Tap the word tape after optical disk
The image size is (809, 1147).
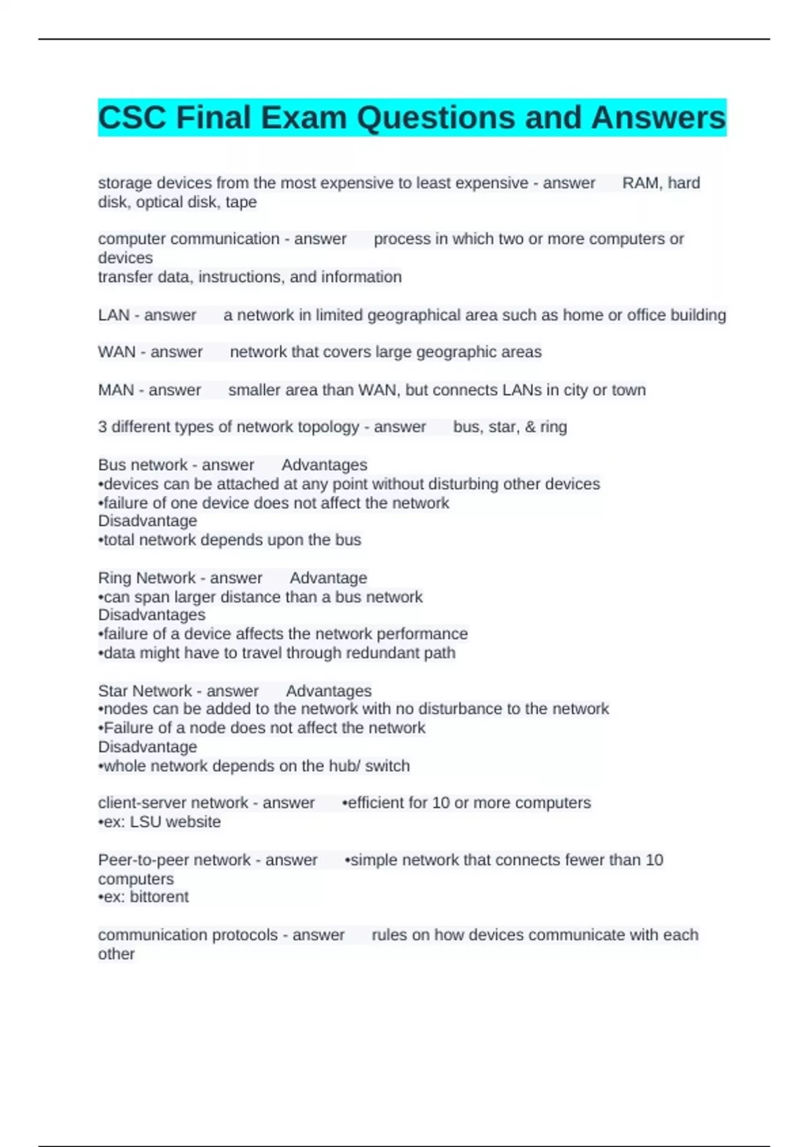click(x=241, y=202)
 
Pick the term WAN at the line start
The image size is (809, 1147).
click(x=117, y=352)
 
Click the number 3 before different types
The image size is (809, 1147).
click(x=102, y=426)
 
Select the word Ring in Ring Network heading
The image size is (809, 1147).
click(x=115, y=578)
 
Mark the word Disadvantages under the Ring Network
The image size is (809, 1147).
click(x=152, y=615)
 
